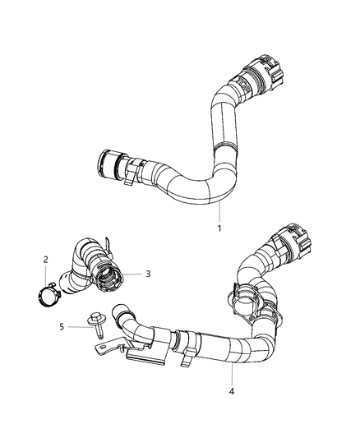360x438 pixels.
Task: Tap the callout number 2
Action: tap(45, 260)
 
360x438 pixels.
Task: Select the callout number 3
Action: tap(147, 274)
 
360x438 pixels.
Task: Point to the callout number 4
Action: tap(232, 391)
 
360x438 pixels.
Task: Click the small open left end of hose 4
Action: tap(124, 313)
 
